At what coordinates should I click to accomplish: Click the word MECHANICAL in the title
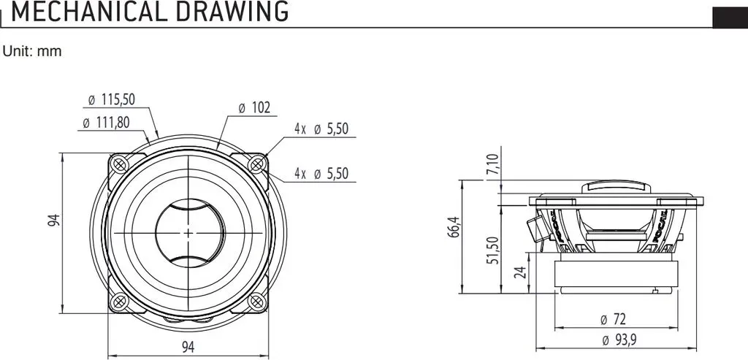point(89,12)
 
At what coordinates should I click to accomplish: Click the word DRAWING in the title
point(232,12)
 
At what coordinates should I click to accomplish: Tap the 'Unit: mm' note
point(32,52)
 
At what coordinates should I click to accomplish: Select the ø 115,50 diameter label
point(112,99)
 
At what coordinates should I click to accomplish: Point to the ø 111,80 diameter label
point(106,123)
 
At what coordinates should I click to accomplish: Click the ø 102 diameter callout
point(254,108)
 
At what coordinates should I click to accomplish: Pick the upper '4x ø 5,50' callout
point(321,129)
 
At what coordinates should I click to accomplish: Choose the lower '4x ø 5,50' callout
point(321,174)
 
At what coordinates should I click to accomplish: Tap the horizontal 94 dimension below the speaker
point(188,347)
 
